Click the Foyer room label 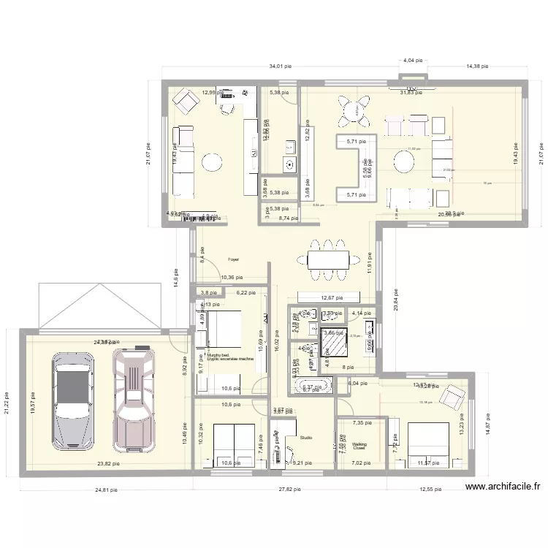pyautogui.click(x=233, y=259)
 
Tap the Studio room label pyautogui.click(x=305, y=438)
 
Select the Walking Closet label pyautogui.click(x=359, y=446)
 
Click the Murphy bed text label pyautogui.click(x=219, y=355)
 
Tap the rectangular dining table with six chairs pyautogui.click(x=327, y=259)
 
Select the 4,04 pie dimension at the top pyautogui.click(x=414, y=61)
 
